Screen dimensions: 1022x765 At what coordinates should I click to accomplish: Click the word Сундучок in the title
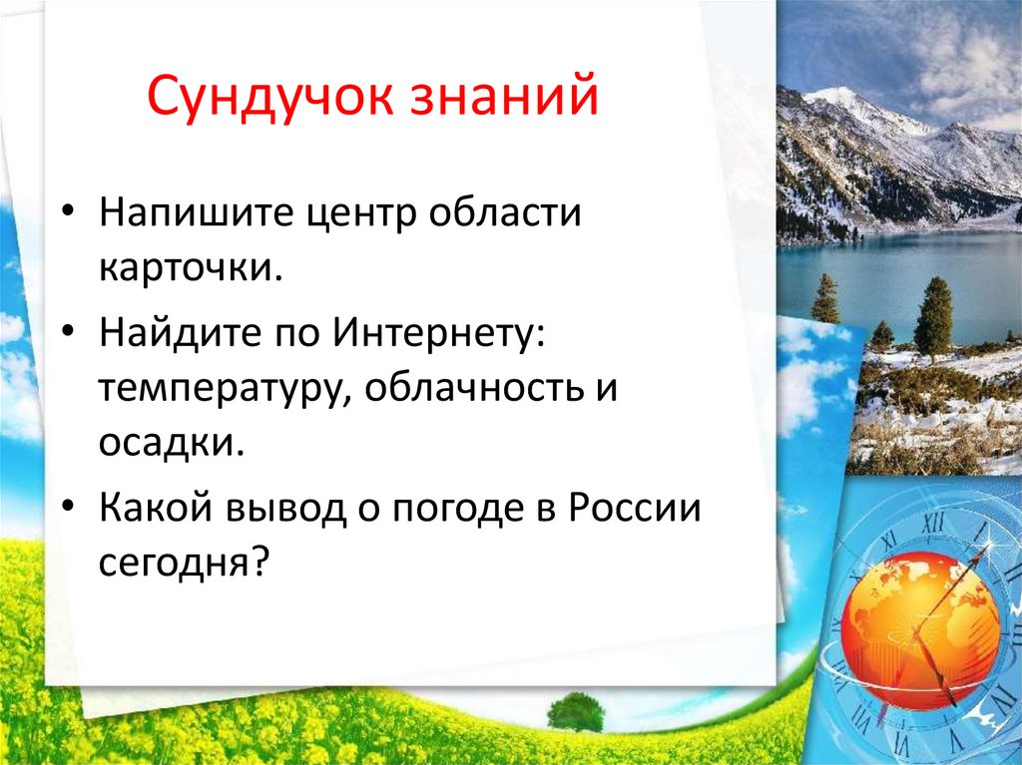[270, 97]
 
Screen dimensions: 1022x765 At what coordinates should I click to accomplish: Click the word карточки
[191, 267]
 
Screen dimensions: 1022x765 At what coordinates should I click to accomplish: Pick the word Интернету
[438, 334]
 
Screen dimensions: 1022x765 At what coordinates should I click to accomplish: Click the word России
[634, 508]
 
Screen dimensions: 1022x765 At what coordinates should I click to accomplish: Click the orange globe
[920, 628]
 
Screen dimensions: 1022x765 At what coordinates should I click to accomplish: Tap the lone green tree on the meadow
[576, 711]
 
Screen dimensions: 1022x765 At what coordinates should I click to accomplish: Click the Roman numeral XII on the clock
[932, 523]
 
